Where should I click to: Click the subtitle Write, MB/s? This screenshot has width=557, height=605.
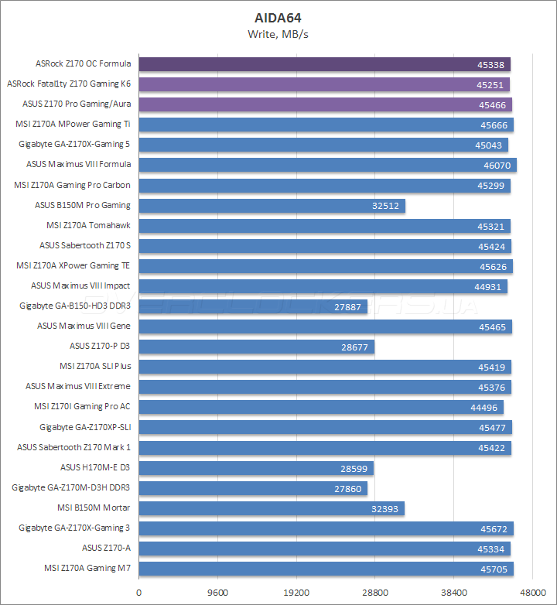click(278, 33)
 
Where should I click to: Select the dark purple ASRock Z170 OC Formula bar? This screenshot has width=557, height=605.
click(324, 64)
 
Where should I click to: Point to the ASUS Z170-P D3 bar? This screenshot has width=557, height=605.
click(256, 347)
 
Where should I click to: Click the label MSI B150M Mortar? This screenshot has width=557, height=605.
click(94, 508)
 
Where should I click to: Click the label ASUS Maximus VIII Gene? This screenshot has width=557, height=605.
click(84, 326)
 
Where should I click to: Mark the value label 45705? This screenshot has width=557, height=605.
click(494, 569)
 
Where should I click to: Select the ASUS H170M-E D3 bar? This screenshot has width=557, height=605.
click(256, 468)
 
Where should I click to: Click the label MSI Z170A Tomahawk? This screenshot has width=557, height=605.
click(88, 225)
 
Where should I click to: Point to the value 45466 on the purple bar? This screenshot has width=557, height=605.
click(492, 104)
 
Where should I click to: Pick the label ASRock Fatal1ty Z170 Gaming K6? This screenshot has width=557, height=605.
click(68, 84)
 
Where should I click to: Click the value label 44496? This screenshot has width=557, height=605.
click(485, 408)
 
